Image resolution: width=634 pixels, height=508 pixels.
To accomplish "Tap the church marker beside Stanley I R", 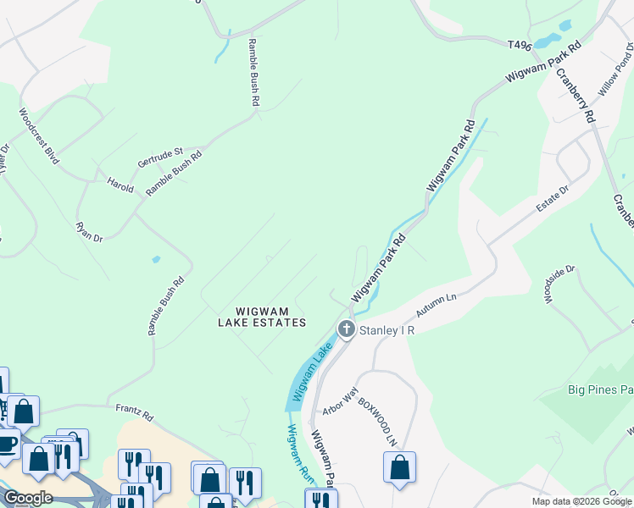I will (346, 329).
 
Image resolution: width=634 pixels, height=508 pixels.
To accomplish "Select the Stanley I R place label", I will (387, 330).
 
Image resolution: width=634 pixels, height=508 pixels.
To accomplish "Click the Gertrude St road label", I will (160, 157).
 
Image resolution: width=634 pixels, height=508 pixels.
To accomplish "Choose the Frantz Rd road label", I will (135, 412).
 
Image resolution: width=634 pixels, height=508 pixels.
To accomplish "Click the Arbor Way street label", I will (341, 402).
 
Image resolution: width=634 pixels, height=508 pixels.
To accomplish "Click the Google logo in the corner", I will (27, 497).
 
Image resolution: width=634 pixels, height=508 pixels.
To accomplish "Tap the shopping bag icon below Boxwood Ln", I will (399, 467).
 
